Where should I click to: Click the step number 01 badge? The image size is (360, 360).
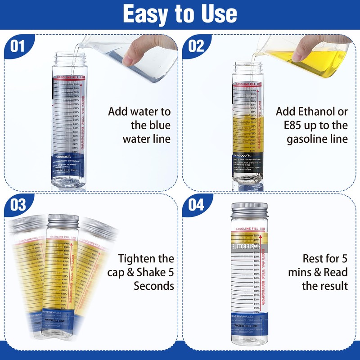tap(18, 46)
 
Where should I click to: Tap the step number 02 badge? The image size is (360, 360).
tap(196, 46)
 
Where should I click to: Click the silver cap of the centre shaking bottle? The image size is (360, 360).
tap(63, 221)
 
